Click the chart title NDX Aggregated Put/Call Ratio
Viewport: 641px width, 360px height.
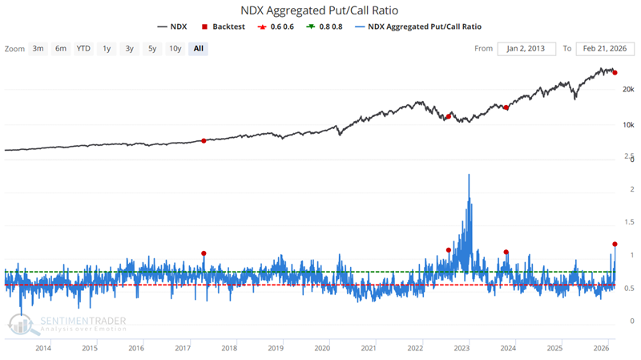click(320, 10)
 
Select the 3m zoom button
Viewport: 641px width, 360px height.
click(38, 48)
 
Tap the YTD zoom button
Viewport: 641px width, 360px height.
click(83, 48)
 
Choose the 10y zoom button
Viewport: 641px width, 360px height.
click(174, 48)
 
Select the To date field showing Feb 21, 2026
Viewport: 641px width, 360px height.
click(604, 48)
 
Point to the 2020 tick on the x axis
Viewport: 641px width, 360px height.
click(322, 349)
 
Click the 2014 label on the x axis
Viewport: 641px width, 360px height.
click(43, 349)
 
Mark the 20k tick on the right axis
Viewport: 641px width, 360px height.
click(627, 90)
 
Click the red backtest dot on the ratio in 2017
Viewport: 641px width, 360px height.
click(204, 253)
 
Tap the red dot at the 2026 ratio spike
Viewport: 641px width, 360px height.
click(615, 244)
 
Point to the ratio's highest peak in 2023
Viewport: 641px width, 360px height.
click(468, 175)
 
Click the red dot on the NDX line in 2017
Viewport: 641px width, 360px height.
click(204, 140)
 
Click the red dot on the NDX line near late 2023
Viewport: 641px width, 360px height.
click(506, 107)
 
